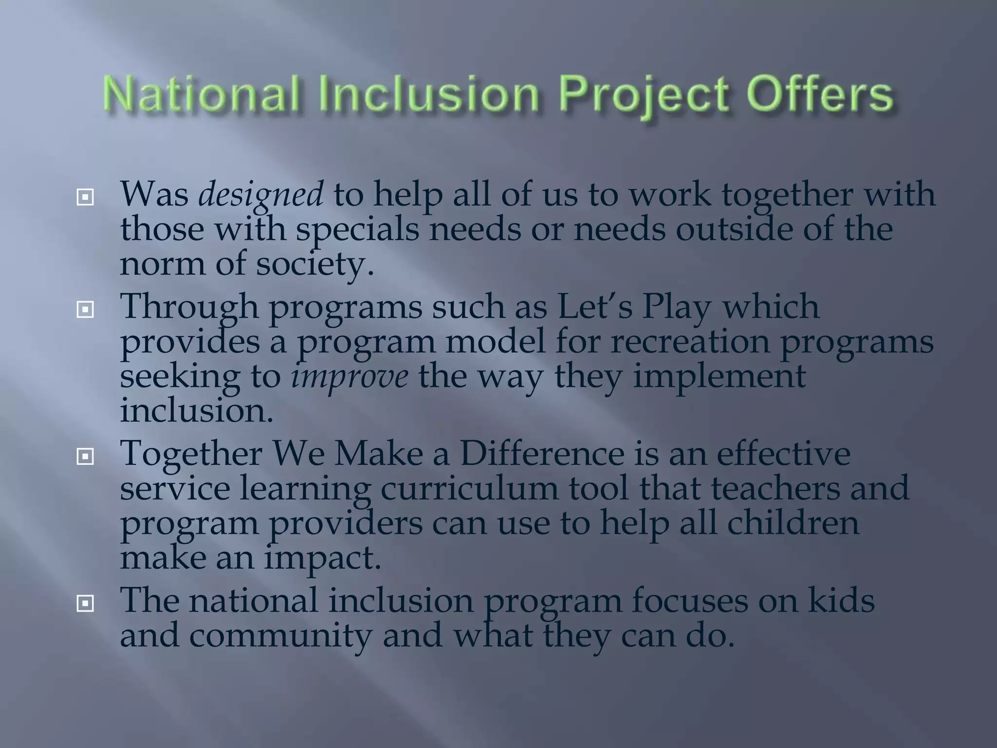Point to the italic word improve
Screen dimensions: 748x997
[x=350, y=377]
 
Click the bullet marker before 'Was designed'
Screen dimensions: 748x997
[x=85, y=197]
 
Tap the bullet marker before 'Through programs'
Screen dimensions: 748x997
[x=85, y=309]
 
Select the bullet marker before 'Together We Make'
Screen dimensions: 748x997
[x=85, y=456]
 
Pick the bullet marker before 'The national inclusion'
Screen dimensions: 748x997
[x=85, y=603]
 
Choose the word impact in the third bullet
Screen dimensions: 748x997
[x=322, y=559]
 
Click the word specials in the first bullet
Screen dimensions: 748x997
[x=358, y=230]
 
